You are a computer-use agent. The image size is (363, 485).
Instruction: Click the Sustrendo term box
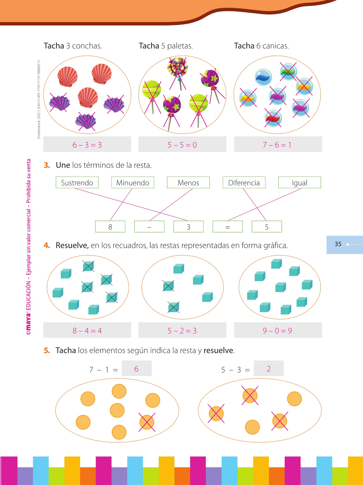(x=77, y=182)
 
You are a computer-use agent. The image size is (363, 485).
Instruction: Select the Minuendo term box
(x=133, y=182)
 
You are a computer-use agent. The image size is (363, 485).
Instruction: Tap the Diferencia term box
(x=244, y=182)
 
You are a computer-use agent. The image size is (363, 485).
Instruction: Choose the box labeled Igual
(x=300, y=182)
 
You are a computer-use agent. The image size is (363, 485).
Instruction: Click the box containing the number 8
(x=110, y=227)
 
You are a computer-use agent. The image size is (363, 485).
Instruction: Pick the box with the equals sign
(x=227, y=227)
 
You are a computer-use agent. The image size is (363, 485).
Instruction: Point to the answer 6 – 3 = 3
(x=87, y=144)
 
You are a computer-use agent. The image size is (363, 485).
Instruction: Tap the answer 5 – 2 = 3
(x=182, y=330)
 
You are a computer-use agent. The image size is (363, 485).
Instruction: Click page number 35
(x=338, y=244)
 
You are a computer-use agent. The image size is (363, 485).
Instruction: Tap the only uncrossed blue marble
(x=263, y=77)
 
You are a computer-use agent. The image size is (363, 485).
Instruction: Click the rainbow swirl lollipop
(x=177, y=67)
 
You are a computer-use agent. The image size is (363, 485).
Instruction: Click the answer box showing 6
(x=137, y=369)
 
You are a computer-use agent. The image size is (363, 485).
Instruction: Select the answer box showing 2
(x=268, y=369)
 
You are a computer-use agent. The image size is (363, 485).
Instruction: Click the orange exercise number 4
(x=47, y=245)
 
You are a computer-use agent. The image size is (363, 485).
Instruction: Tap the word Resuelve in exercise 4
(x=72, y=245)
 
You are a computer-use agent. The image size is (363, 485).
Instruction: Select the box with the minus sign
(x=149, y=227)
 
